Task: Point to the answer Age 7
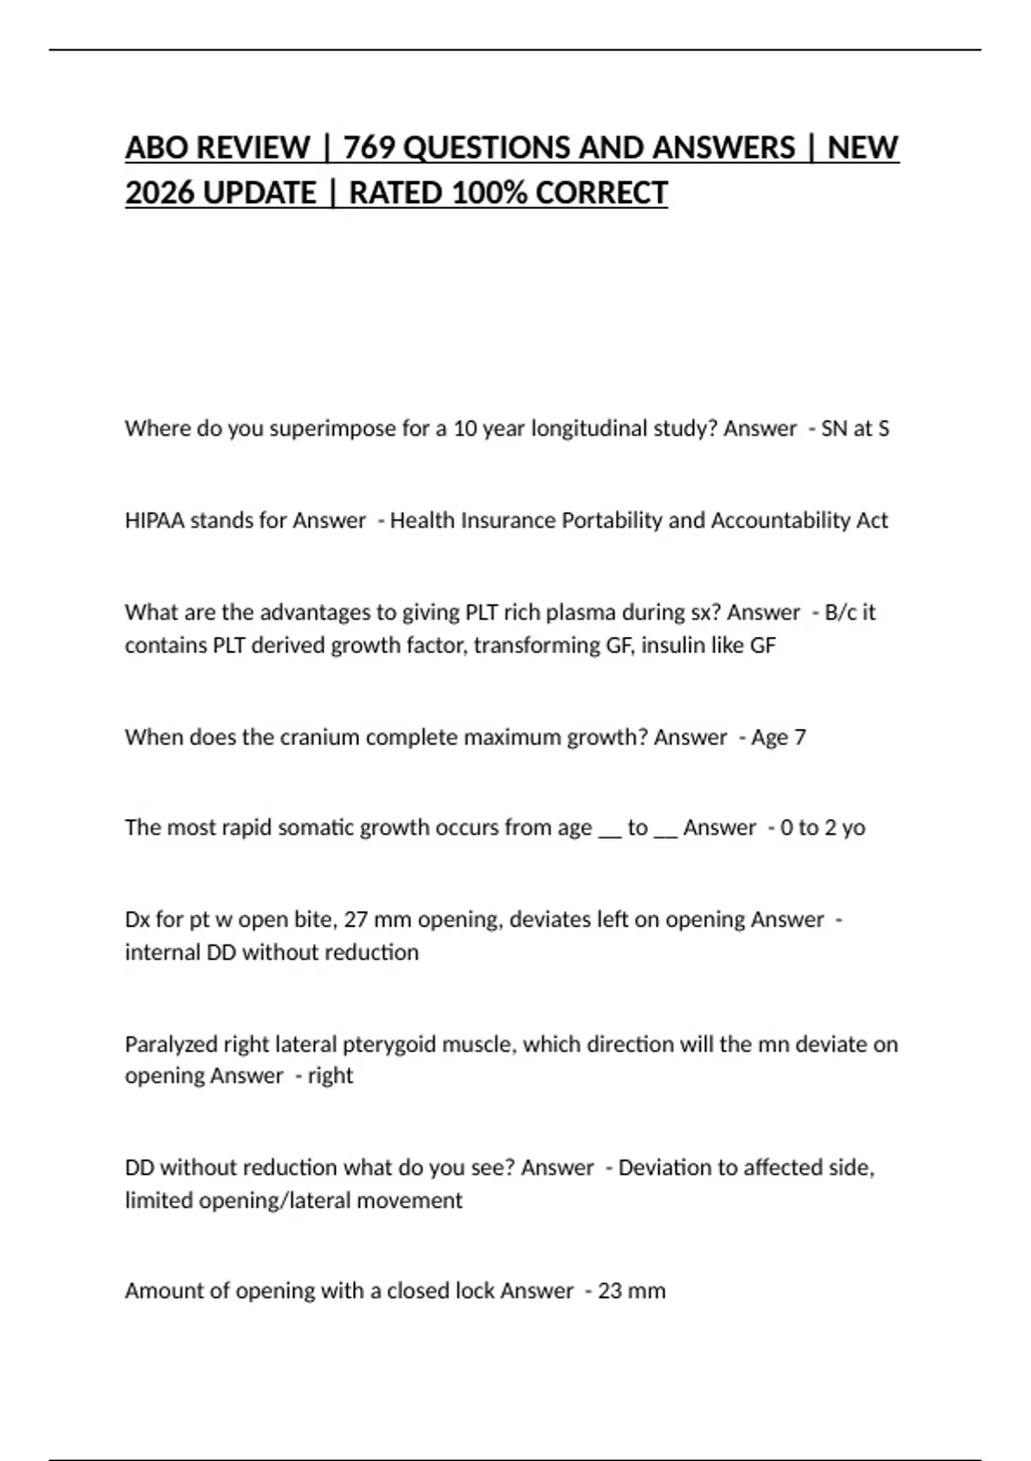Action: (x=778, y=737)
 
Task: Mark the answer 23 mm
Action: (x=631, y=1290)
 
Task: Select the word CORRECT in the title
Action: (x=601, y=193)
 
